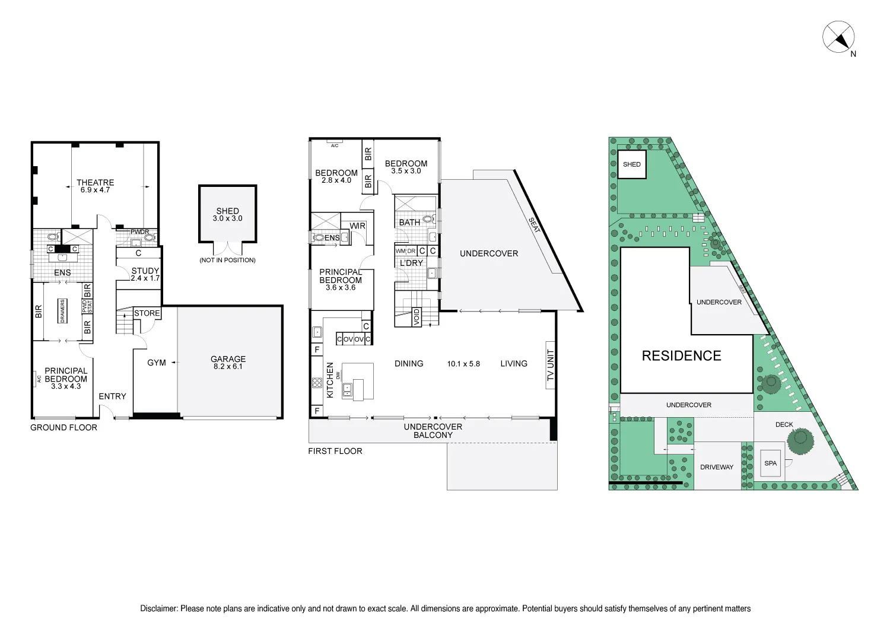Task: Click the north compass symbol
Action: point(838,37)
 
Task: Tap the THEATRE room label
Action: point(95,186)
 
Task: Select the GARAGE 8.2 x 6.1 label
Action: point(228,363)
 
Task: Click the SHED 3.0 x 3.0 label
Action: point(227,214)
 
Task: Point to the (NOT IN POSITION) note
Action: point(227,260)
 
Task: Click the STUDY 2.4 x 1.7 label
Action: point(145,274)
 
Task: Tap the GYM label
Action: point(157,363)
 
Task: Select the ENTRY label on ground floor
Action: point(112,396)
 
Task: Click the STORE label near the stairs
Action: point(147,313)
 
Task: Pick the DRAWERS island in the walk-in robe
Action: point(62,311)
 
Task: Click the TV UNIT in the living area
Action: point(550,365)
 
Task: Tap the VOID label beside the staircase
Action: point(416,316)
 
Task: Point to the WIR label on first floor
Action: point(357,226)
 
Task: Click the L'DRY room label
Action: point(411,263)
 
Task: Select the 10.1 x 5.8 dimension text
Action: point(463,364)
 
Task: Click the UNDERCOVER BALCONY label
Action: point(433,431)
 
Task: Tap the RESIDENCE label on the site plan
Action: point(681,355)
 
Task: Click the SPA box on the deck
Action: point(770,463)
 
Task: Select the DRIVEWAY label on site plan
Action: point(716,467)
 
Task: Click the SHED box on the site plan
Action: point(631,164)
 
